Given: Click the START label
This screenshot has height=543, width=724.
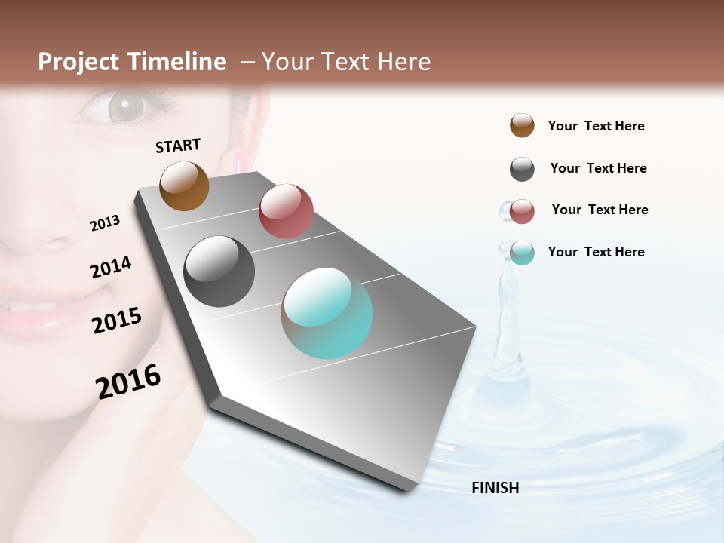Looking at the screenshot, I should click(x=178, y=146).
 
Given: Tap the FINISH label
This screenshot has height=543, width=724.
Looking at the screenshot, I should click(x=495, y=488).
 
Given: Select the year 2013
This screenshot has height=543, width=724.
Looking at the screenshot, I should click(x=105, y=223).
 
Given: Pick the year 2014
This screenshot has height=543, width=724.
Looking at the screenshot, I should click(x=111, y=268).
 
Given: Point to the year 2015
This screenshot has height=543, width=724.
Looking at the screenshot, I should click(x=117, y=321).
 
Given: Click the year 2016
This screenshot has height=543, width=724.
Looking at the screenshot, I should click(x=128, y=382).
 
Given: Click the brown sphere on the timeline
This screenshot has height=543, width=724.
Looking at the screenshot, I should click(x=184, y=186).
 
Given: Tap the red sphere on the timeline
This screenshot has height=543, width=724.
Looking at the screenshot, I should click(x=286, y=211).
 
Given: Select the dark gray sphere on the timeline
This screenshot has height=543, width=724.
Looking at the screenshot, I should click(x=219, y=271).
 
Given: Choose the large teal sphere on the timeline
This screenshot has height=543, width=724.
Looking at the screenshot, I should click(x=327, y=313).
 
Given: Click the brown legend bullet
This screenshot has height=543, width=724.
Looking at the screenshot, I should click(x=522, y=126).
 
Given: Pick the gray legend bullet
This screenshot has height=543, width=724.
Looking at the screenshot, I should click(x=522, y=169).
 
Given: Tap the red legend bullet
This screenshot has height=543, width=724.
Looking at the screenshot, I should click(x=522, y=212).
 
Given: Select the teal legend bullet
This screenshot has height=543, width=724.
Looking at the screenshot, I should click(x=522, y=253).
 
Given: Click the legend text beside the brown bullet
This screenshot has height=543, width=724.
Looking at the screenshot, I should click(x=596, y=127).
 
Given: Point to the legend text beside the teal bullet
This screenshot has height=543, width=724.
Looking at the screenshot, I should click(x=596, y=252).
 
